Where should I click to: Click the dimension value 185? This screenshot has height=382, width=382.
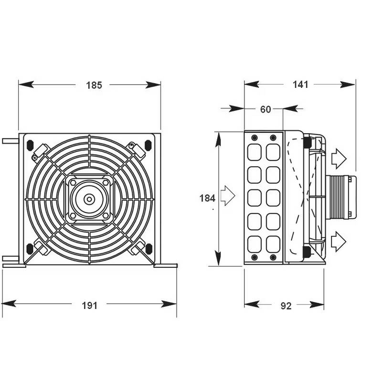tap(94, 85)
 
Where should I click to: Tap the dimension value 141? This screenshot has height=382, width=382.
tap(300, 85)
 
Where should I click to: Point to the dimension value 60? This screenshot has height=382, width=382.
tap(265, 109)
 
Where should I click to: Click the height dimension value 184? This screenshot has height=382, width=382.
tap(207, 198)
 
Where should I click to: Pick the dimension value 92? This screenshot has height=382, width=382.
tap(286, 306)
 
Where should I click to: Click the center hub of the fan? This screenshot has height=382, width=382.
tap(89, 199)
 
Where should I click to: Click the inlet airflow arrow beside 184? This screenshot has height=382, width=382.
tap(228, 196)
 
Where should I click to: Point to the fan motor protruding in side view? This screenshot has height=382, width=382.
tap(340, 197)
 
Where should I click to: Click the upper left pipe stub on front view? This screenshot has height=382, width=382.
tap(10, 141)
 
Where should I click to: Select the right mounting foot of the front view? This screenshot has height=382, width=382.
tap(166, 265)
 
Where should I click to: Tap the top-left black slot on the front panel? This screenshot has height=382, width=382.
tap(30, 144)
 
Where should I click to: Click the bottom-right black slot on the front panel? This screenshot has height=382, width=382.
tap(149, 248)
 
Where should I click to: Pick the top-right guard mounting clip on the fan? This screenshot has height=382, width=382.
tap(138, 150)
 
